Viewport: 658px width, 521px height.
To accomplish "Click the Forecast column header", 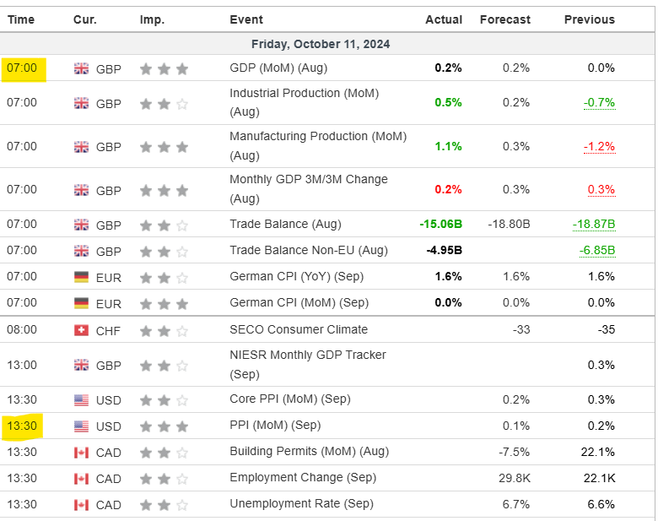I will click(504, 19).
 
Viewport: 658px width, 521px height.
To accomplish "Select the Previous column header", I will click(589, 19).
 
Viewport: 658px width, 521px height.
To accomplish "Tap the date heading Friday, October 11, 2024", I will click(321, 44).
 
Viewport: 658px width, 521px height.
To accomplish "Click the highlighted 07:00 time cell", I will click(23, 68).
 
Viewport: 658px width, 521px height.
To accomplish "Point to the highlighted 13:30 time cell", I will click(23, 426).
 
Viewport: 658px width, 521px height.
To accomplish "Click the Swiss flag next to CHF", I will click(82, 329).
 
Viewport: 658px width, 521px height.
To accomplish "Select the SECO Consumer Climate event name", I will click(299, 329).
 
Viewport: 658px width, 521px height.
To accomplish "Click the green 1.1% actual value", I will click(448, 146).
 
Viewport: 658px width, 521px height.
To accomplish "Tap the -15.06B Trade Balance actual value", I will click(440, 224).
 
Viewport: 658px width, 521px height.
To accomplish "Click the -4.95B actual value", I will click(444, 250).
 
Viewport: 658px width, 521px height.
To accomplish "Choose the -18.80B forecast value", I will click(509, 224).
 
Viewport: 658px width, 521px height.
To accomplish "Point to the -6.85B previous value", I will click(596, 250).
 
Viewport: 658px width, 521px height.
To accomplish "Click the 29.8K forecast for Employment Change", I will click(514, 478).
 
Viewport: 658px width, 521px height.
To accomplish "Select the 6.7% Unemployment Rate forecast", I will click(516, 504).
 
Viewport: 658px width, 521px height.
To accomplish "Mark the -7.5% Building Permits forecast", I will click(514, 452).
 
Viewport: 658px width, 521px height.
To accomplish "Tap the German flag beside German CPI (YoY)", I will click(82, 277).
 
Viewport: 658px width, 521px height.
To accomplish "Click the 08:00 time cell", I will click(22, 329).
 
